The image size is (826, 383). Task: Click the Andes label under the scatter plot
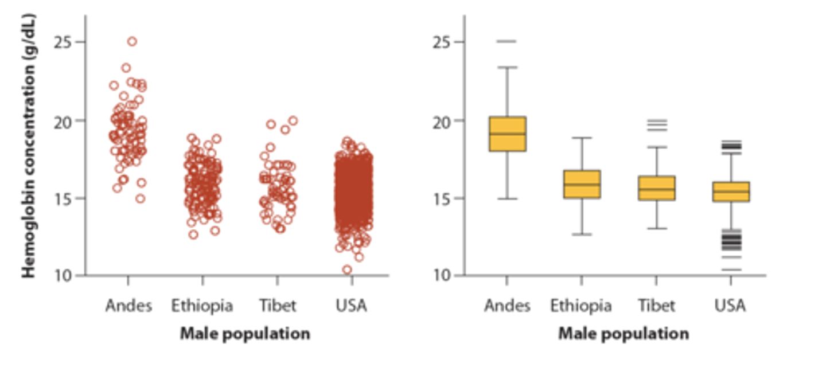[128, 306]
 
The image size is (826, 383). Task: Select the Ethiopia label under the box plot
[581, 306]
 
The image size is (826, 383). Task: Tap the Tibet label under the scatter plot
[278, 306]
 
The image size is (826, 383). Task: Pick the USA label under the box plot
[730, 306]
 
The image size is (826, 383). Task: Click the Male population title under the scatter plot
[245, 334]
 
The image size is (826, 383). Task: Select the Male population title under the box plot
[624, 334]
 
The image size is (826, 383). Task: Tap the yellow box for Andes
[507, 134]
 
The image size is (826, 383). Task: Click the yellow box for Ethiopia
[582, 184]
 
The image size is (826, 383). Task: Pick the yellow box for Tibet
[656, 188]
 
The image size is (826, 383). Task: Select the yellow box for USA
[731, 191]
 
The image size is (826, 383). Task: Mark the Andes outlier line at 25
[507, 41]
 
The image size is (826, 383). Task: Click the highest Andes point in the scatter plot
[132, 41]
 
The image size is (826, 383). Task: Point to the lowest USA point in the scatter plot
[347, 269]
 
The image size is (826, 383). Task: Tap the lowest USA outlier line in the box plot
[731, 269]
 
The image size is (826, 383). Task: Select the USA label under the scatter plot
[351, 306]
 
